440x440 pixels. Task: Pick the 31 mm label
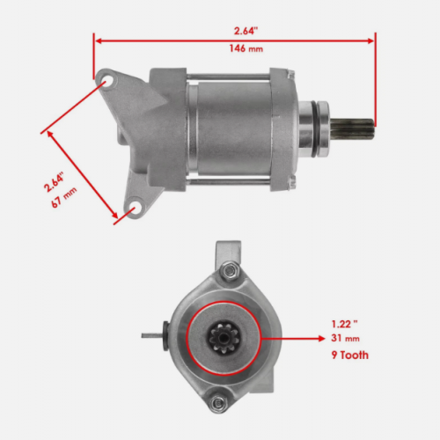(345, 339)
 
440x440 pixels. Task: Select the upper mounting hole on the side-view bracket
(107, 83)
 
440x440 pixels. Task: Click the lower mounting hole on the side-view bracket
(134, 209)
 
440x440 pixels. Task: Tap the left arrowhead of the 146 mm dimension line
(97, 40)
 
